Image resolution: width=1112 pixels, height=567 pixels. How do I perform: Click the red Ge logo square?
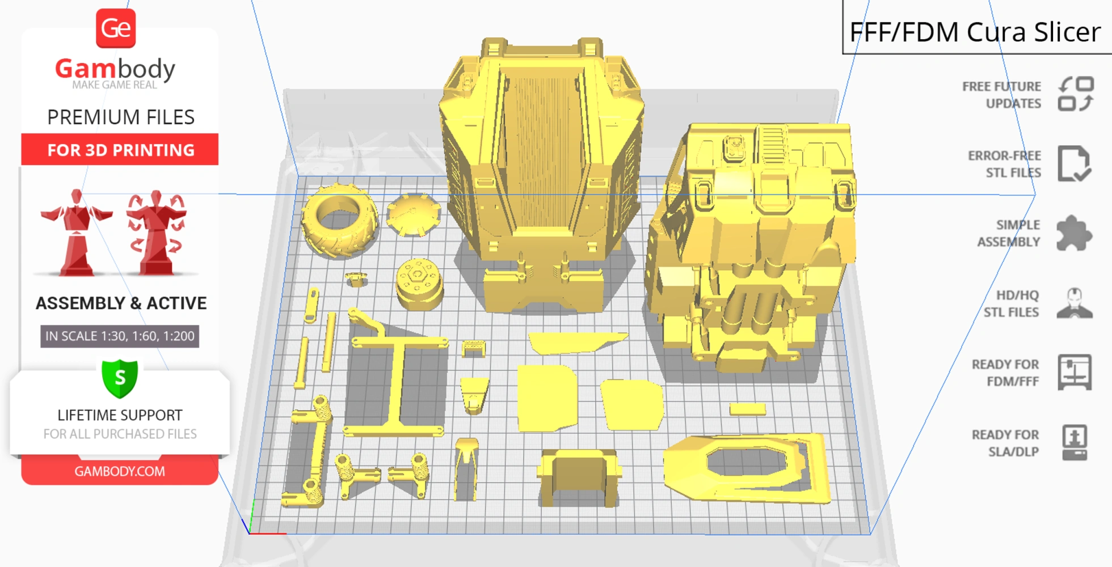point(116,28)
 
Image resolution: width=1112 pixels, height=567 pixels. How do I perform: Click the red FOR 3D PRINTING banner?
point(120,150)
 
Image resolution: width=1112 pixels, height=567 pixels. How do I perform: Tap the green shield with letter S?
point(120,378)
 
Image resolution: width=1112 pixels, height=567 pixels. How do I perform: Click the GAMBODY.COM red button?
point(120,471)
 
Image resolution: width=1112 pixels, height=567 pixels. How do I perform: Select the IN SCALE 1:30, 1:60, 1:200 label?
point(120,336)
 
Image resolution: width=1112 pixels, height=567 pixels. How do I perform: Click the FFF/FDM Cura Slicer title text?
point(974,32)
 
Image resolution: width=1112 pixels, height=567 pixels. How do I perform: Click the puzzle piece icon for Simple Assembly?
point(1073,233)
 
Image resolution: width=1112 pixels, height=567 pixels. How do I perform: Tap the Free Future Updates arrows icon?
point(1075,94)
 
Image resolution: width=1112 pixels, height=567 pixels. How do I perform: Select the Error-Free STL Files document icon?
point(1073,164)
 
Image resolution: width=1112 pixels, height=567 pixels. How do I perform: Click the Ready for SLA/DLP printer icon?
point(1074,442)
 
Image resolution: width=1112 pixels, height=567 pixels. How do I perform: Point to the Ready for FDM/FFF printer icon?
point(1074,373)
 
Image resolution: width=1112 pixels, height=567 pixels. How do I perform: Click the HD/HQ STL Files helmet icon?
point(1074,303)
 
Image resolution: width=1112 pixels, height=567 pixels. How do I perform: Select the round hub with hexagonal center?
point(419,283)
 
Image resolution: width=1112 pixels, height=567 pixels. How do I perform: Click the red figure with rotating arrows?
point(157,232)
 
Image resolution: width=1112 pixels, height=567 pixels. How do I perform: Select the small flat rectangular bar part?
point(747,409)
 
